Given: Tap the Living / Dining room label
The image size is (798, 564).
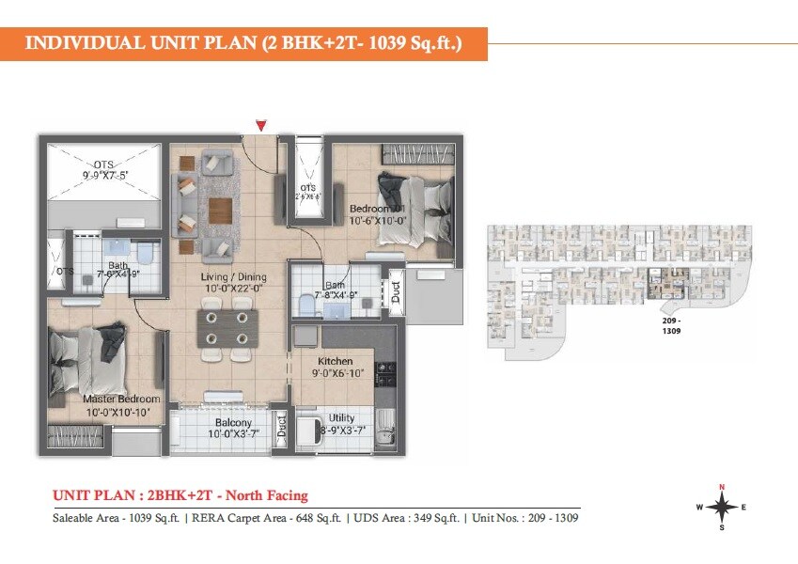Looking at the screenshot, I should (233, 276).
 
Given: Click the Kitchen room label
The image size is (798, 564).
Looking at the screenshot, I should (335, 361).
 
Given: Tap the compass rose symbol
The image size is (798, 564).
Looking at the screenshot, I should (721, 507).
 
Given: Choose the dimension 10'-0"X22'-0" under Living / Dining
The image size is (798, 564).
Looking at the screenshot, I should (232, 289).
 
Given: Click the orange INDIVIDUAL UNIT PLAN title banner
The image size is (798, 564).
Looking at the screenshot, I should (243, 43).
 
